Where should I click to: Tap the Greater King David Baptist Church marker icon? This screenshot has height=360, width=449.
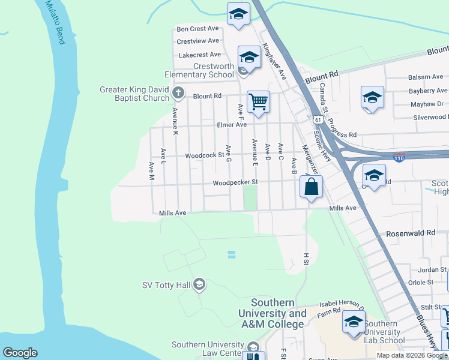pyautogui.click(x=178, y=93)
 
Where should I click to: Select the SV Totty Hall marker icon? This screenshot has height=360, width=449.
pyautogui.click(x=199, y=284)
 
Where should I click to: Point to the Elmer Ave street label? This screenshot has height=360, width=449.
pyautogui.click(x=232, y=125)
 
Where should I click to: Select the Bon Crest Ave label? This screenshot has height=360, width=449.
pyautogui.click(x=197, y=29)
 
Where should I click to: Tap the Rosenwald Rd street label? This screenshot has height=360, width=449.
pyautogui.click(x=411, y=233)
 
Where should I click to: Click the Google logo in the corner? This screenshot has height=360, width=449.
pyautogui.click(x=20, y=353)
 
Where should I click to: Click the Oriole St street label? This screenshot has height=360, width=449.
pyautogui.click(x=421, y=282)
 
